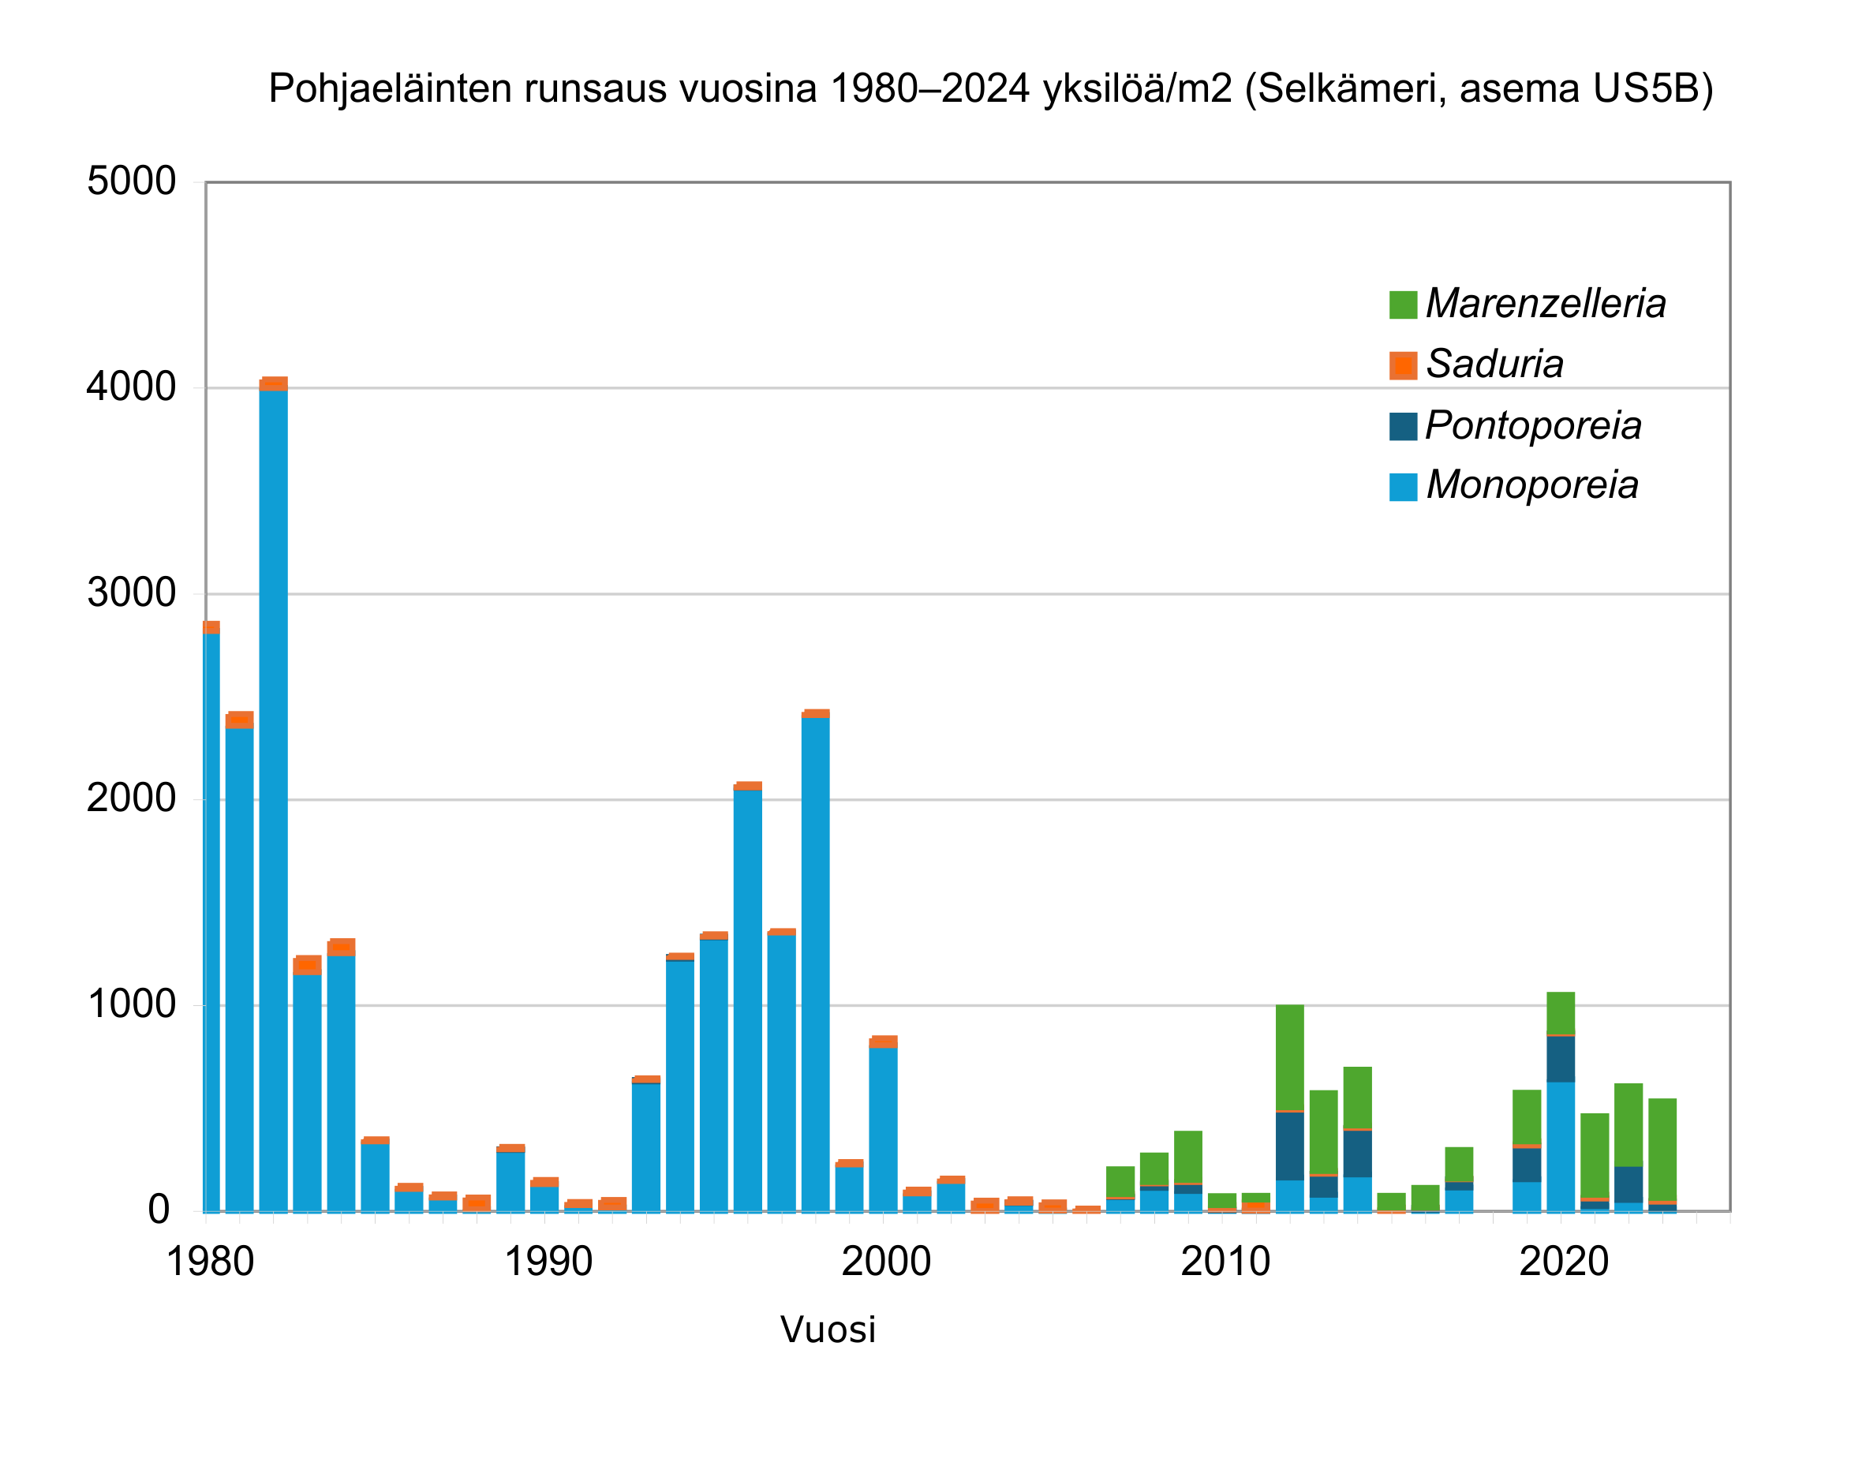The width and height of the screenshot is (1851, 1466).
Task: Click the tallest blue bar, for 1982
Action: (273, 798)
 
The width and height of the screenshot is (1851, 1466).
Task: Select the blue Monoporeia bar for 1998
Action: (815, 961)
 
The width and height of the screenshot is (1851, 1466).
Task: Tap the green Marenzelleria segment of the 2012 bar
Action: (1289, 1056)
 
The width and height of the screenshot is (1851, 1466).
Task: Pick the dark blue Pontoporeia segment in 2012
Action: (1289, 1145)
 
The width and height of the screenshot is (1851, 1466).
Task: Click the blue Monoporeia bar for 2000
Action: (883, 1128)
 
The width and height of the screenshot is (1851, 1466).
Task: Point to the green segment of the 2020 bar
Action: (1560, 1013)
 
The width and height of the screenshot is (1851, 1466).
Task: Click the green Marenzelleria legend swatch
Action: (1402, 305)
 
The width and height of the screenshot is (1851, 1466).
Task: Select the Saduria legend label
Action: (1494, 364)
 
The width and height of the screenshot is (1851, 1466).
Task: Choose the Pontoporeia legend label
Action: (1532, 426)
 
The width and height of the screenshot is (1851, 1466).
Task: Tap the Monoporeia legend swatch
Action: (1402, 487)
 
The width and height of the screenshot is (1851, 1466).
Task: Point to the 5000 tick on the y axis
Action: (131, 182)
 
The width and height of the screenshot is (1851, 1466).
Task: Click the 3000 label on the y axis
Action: (131, 593)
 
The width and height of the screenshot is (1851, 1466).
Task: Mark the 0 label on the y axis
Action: (159, 1210)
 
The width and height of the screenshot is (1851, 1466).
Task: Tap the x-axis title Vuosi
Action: (827, 1329)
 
